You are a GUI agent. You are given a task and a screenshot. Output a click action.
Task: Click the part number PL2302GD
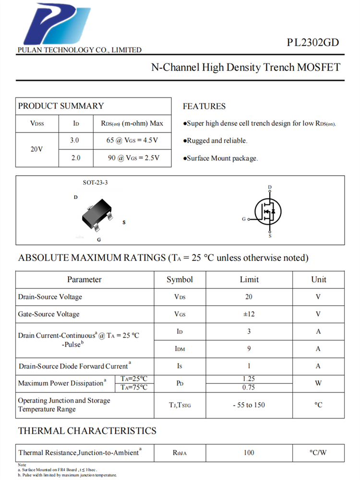pyautogui.click(x=313, y=42)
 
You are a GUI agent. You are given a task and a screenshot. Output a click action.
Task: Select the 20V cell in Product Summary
pyautogui.click(x=37, y=149)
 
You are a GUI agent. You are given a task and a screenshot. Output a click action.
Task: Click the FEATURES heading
pyautogui.click(x=204, y=106)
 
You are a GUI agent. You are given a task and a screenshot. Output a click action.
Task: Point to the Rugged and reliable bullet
pyautogui.click(x=216, y=141)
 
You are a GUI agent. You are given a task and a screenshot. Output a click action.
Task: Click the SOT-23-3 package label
pyautogui.click(x=95, y=183)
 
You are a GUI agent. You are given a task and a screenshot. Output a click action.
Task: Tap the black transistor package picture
pyautogui.click(x=96, y=216)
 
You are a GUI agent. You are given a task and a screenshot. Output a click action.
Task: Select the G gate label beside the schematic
pyautogui.click(x=244, y=219)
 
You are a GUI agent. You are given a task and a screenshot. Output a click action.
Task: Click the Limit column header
pyautogui.click(x=249, y=279)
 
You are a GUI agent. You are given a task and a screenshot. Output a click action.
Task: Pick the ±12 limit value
pyautogui.click(x=249, y=314)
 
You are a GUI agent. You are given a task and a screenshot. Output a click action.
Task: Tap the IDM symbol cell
pyautogui.click(x=180, y=349)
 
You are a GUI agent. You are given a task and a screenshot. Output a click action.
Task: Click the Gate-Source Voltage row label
pyautogui.click(x=48, y=314)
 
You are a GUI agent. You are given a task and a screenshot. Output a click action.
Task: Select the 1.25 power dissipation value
pyautogui.click(x=249, y=379)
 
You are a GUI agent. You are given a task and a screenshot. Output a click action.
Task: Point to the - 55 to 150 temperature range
pyautogui.click(x=249, y=405)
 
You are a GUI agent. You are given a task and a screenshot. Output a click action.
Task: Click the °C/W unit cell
pyautogui.click(x=318, y=452)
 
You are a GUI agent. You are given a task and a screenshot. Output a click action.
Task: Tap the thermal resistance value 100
pyautogui.click(x=249, y=452)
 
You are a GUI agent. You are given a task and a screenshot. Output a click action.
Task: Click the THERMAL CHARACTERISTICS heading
pyautogui.click(x=87, y=431)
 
